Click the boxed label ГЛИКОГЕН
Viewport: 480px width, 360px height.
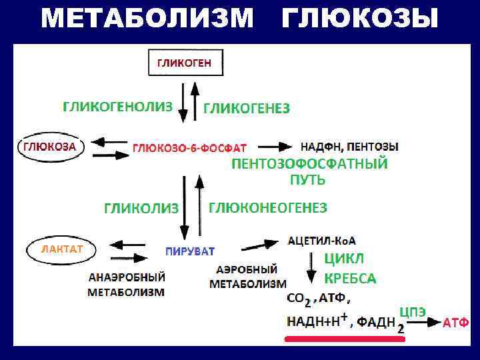tap(185, 63)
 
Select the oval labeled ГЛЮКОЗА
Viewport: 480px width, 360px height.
tap(50, 147)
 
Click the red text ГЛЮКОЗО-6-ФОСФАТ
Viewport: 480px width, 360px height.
tap(190, 147)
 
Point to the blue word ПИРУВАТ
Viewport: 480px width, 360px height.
tap(190, 251)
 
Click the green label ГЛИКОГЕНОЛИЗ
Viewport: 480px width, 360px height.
tap(117, 107)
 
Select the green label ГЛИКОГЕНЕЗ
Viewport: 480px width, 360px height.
tap(246, 108)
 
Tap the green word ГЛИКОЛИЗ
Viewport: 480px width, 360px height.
tap(141, 209)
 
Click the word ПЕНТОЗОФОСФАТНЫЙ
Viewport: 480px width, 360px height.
tap(309, 164)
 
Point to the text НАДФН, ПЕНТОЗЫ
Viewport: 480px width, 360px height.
tap(349, 147)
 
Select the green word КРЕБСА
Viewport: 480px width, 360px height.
tap(350, 278)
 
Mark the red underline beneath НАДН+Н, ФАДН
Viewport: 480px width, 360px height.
tap(345, 339)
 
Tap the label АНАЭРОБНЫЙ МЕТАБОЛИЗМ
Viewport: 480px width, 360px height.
tap(126, 284)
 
